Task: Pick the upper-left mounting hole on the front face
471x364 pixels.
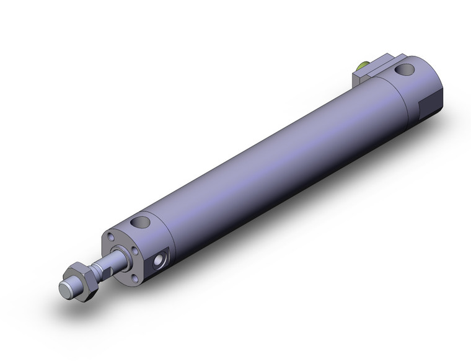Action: click(112, 236)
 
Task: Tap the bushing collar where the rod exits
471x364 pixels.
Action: click(117, 254)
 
